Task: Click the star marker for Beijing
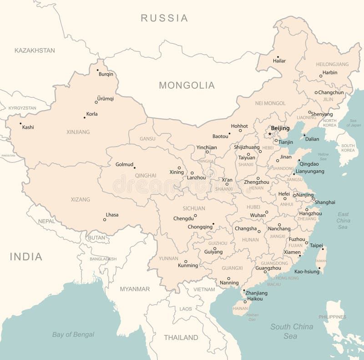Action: click(x=269, y=134)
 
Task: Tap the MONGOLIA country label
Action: click(x=187, y=85)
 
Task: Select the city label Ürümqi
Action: click(x=106, y=98)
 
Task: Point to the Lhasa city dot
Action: click(x=105, y=220)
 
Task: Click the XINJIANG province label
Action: click(x=78, y=132)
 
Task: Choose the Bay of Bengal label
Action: click(x=73, y=335)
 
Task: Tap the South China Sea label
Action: click(x=292, y=331)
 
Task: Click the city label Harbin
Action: click(x=330, y=72)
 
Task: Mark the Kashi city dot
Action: click(x=20, y=123)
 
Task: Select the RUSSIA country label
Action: click(x=164, y=18)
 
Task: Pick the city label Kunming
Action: click(x=188, y=265)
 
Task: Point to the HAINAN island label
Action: click(x=240, y=308)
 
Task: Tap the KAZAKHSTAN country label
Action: click(x=35, y=51)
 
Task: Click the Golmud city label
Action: click(x=124, y=164)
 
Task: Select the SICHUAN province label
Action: click(x=194, y=208)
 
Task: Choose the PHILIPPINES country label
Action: click(x=332, y=317)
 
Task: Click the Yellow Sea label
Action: click(x=323, y=157)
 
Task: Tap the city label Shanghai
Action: click(x=325, y=202)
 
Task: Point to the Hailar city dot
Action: click(x=278, y=57)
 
